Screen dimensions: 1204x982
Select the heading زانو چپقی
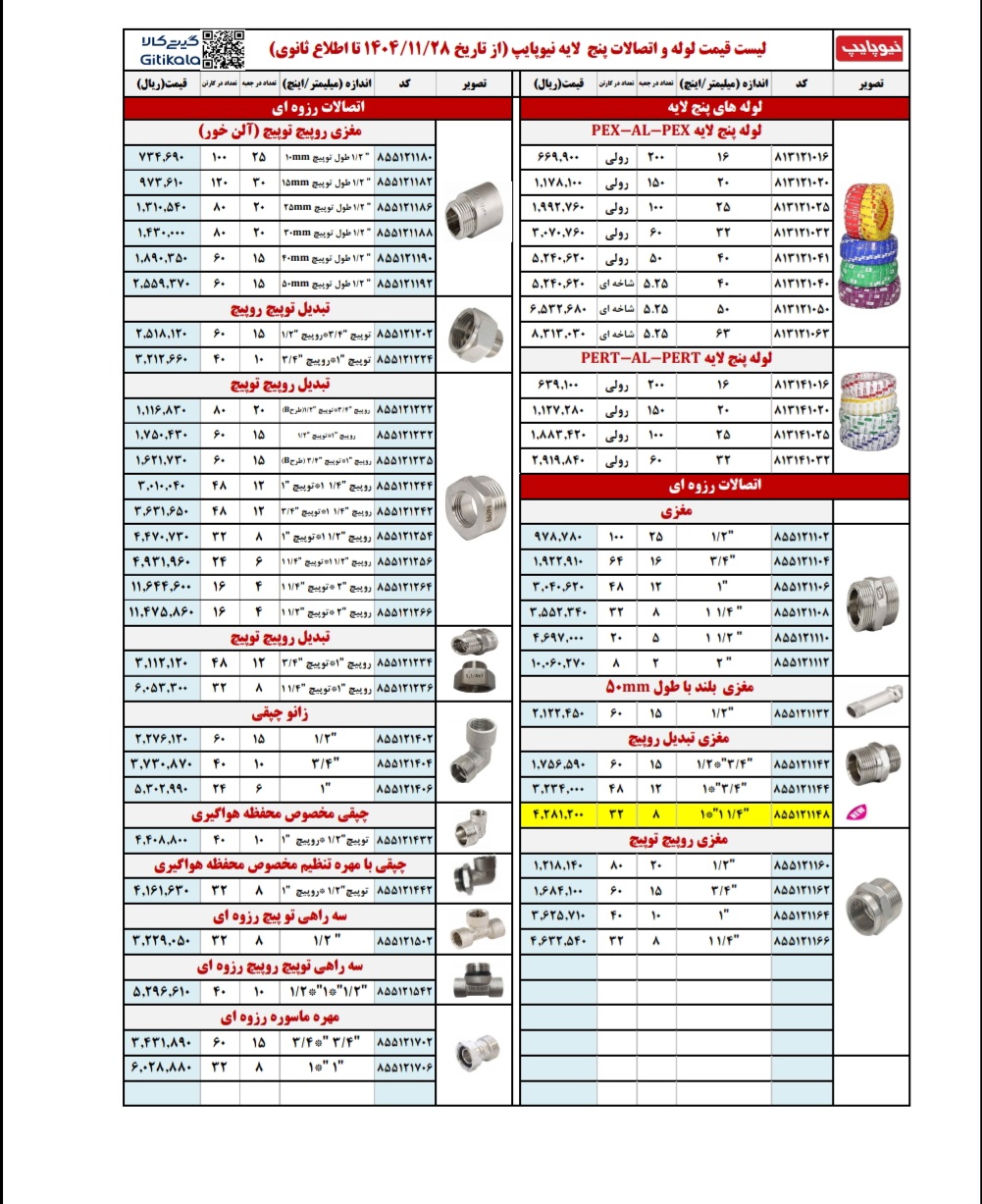pyautogui.click(x=280, y=711)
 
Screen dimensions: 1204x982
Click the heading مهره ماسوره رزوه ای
pyautogui.click(x=280, y=1018)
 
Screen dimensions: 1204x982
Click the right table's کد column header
pyautogui.click(x=801, y=83)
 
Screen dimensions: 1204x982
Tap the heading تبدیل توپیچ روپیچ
pyautogui.click(x=280, y=308)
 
